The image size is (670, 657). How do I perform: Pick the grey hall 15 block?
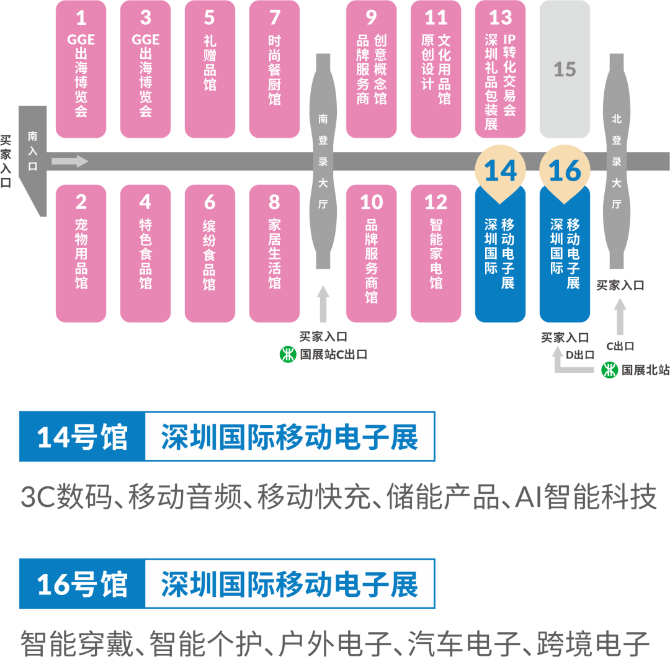pyautogui.click(x=565, y=69)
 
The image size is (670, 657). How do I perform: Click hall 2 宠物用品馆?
pyautogui.click(x=81, y=253)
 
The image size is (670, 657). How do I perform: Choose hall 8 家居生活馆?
pyautogui.click(x=274, y=253)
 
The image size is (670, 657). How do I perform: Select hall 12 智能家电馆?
pyautogui.click(x=435, y=253)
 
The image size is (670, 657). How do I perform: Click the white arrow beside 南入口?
pyautogui.click(x=69, y=162)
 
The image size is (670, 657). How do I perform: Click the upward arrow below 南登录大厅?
pyautogui.click(x=323, y=303)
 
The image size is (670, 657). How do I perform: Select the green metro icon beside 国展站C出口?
pyautogui.click(x=288, y=355)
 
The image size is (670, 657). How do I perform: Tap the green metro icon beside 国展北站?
pyautogui.click(x=610, y=370)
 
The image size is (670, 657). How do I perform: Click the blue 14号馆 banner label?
pyautogui.click(x=82, y=437)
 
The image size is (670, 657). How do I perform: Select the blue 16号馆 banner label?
pyautogui.click(x=82, y=584)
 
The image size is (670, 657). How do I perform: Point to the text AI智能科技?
pyautogui.click(x=586, y=498)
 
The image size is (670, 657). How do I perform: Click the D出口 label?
pyautogui.click(x=581, y=355)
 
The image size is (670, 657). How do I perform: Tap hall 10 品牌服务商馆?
pyautogui.click(x=371, y=253)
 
